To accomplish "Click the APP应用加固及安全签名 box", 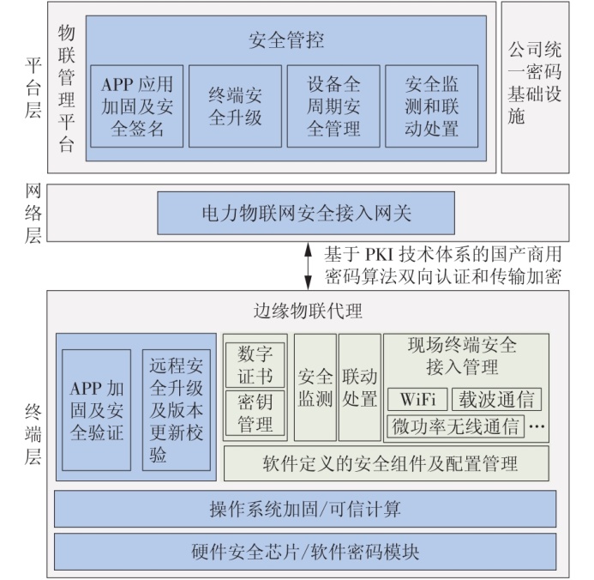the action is pos(137,106).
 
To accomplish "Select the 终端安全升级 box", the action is pos(235,106).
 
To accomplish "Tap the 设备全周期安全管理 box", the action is pos(333,106).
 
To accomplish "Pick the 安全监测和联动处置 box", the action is pos(431,106).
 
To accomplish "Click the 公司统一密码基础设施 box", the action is pos(535,88).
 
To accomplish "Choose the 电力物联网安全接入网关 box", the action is pos(306,213).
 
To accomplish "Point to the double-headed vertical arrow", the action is pos(309,266).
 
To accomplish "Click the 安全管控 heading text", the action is pos(286,40).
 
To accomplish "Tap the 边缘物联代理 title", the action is pos(308,311).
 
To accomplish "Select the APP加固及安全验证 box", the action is pos(97,410).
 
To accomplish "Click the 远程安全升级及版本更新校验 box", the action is pos(177,410).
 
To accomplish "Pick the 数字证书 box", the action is pos(255,365).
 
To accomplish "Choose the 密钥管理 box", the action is pos(255,413).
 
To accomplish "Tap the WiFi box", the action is pos(417,399).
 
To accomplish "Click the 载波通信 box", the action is pos(496,399).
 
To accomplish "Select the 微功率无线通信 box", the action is pos(456,426).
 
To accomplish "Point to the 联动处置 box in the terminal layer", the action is pos(359,388).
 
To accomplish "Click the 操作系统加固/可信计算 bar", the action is pos(305,509).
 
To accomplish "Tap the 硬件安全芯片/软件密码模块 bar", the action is pos(305,552).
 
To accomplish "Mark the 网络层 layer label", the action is pos(33,213).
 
